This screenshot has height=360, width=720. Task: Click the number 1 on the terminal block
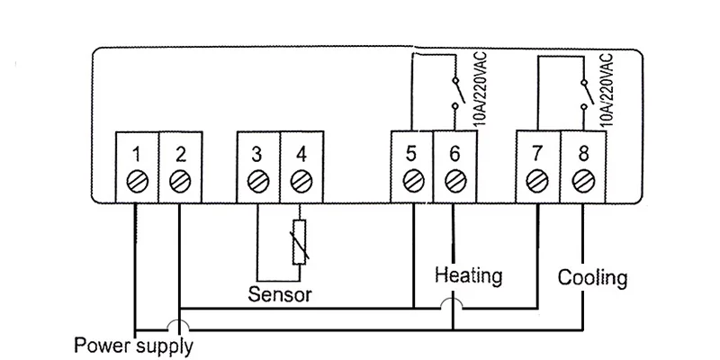coord(136,155)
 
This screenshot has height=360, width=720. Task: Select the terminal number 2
coord(181,155)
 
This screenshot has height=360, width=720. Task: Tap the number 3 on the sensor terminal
coord(257,155)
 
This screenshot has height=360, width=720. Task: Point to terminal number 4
coord(301,155)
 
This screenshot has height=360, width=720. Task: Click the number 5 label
coord(411,154)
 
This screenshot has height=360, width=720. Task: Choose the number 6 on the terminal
coord(454,154)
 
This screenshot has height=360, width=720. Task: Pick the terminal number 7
coord(537,154)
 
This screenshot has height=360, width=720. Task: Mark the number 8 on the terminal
coord(583,154)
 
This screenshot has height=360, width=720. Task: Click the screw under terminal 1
coord(138,182)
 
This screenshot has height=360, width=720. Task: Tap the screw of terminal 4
coord(301,182)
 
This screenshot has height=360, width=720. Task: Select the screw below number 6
coord(455,181)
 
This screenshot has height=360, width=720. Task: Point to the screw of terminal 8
coord(583,182)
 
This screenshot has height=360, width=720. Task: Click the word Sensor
coord(280,294)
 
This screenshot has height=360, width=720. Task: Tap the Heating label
coord(468,276)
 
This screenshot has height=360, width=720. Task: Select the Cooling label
coord(592,278)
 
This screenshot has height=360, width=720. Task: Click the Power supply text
coord(133,346)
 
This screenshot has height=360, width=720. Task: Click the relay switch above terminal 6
coord(457,94)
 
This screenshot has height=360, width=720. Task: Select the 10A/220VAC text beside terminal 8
coord(606,90)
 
